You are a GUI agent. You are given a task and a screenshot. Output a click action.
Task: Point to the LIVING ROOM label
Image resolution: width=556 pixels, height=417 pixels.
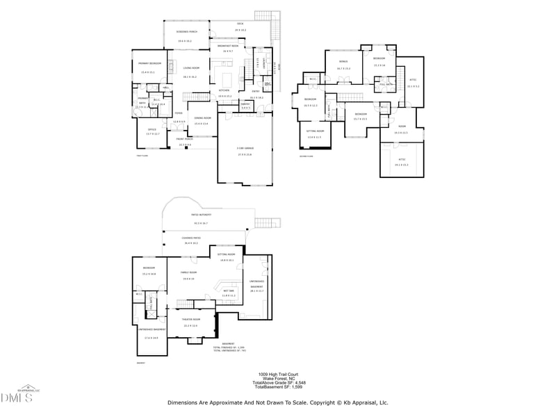191,68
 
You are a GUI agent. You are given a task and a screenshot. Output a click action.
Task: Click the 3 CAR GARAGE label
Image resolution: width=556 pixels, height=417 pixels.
245,148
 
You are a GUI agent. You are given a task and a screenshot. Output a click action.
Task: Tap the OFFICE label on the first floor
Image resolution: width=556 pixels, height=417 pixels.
152,129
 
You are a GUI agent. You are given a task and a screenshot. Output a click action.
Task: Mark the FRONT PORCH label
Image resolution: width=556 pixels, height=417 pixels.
185,141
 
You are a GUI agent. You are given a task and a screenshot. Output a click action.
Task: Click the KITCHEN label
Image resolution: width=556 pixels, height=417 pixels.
224,90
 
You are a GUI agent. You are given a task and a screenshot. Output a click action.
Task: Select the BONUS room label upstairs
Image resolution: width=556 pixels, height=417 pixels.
343,62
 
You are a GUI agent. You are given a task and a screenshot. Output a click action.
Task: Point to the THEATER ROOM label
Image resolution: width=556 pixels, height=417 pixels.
190,320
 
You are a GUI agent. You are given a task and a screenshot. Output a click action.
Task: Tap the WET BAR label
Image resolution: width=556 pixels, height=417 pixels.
229,291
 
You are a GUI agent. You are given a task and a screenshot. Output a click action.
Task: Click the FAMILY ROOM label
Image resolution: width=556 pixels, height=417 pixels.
188,272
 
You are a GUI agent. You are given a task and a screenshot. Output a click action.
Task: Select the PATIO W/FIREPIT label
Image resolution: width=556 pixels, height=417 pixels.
202,215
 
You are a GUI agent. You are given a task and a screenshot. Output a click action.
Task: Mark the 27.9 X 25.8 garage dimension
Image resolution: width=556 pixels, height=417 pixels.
245,154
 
